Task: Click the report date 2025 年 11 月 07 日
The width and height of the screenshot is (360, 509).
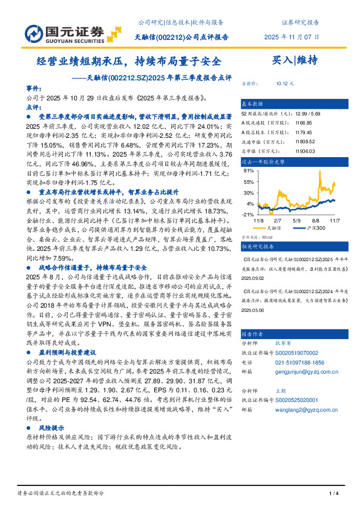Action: pyautogui.click(x=292, y=37)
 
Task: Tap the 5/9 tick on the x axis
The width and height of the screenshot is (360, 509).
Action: pyautogui.click(x=296, y=221)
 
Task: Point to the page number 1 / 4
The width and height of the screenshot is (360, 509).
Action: pyautogui.click(x=332, y=494)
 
